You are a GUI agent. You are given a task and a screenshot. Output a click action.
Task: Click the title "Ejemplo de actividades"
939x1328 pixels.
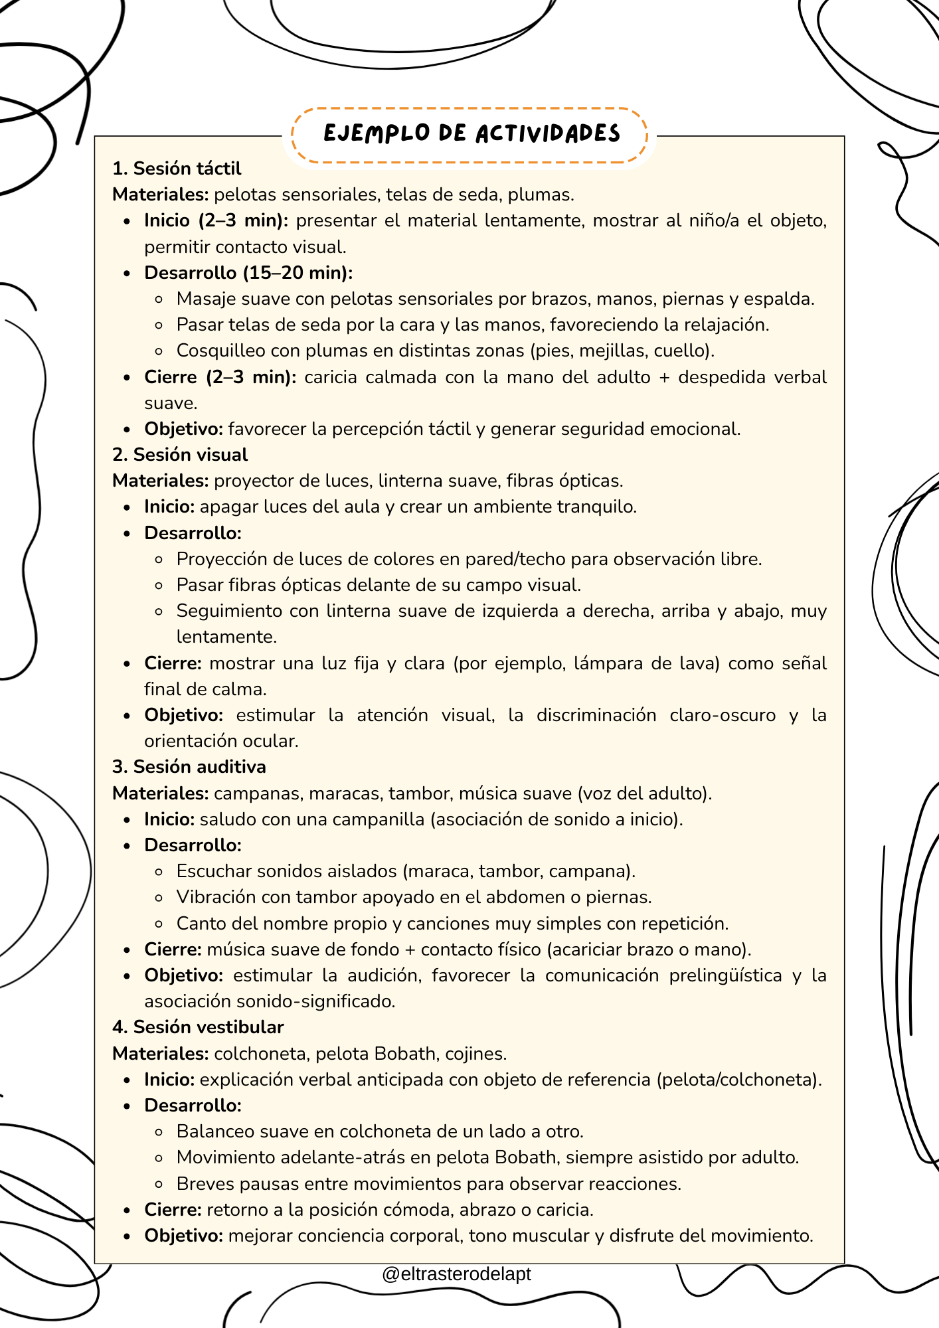[471, 133]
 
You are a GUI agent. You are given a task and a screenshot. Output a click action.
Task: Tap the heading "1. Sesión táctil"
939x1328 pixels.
[177, 169]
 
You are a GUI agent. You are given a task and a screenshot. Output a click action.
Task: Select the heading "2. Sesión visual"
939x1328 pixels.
[179, 455]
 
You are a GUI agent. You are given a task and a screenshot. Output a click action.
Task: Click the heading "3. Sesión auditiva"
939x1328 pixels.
[189, 767]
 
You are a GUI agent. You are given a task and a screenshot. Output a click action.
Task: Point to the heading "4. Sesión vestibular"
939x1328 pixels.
[197, 1027]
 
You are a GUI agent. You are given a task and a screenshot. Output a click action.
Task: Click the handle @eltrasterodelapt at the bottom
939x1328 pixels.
[456, 1274]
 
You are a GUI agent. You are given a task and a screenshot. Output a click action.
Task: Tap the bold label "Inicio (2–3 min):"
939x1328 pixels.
[216, 220]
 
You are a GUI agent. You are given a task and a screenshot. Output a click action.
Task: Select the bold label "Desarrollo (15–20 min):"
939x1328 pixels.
[248, 273]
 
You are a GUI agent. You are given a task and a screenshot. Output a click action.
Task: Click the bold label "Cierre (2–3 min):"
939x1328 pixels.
[220, 377]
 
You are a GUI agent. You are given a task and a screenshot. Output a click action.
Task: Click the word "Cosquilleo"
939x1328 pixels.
[220, 351]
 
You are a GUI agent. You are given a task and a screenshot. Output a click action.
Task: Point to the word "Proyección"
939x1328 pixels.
[222, 559]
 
